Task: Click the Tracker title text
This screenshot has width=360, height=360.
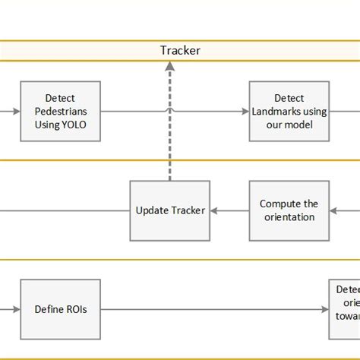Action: [180, 51]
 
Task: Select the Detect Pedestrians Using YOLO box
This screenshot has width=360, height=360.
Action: [61, 111]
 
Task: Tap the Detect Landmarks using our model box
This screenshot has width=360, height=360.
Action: [289, 111]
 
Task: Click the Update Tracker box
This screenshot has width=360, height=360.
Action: [169, 210]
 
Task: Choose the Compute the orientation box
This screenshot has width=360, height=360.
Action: [289, 210]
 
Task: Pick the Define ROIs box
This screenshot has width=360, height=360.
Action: [61, 309]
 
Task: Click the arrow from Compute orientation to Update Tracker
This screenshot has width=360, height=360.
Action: [229, 210]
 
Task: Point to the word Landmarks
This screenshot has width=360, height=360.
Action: [278, 111]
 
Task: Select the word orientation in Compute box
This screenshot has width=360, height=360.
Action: [289, 216]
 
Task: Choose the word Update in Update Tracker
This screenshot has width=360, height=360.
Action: [152, 210]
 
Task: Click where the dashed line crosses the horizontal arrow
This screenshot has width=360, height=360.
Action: [169, 111]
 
